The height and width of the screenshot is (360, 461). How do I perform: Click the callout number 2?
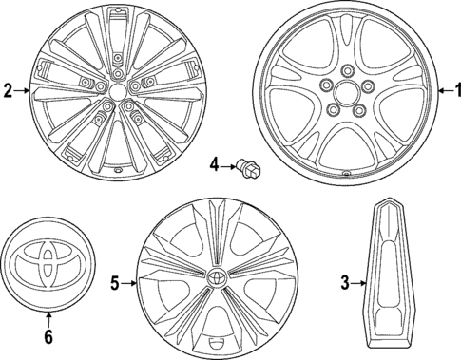8,91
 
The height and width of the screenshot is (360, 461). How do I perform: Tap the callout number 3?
346,282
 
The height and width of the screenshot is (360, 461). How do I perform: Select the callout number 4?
215,168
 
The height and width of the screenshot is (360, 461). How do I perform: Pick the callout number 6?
49,335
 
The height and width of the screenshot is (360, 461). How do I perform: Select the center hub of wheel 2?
115,92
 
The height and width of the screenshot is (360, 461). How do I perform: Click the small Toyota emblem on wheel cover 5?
218,278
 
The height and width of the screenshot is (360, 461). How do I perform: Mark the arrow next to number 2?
23,91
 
